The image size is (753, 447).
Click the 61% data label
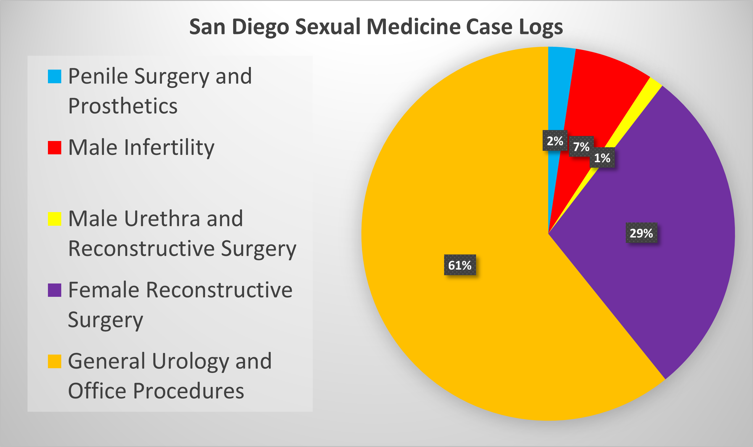point(460,265)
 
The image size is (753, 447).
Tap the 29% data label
point(641,233)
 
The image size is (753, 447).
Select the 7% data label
point(581,147)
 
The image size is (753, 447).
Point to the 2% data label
point(555,141)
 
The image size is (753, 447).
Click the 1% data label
point(602,158)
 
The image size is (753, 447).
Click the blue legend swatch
point(54,76)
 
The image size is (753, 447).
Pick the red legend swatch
point(54,148)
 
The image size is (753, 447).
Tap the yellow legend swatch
point(54,219)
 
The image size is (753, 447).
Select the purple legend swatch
point(54,290)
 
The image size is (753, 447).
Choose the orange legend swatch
point(54,361)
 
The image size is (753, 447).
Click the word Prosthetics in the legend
point(123,106)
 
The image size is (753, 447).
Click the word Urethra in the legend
point(162,219)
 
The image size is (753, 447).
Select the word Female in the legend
point(104,290)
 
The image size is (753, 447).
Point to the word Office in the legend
point(97,391)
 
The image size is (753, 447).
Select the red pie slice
point(599,90)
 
